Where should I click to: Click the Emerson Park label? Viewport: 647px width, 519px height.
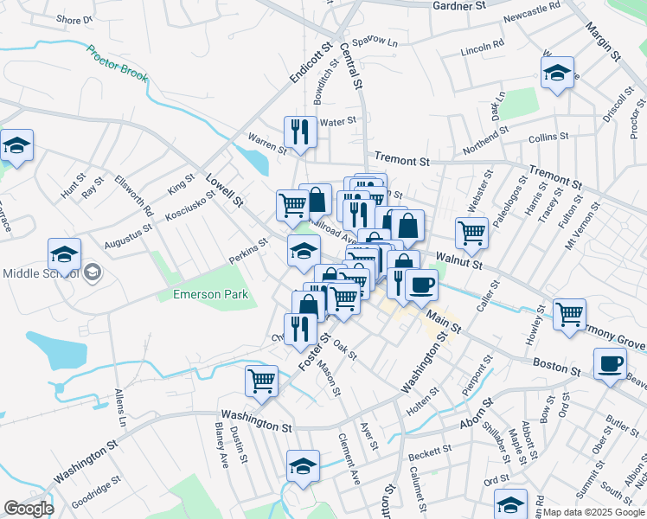pos(211,294)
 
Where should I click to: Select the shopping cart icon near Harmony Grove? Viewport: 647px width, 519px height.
pos(569,314)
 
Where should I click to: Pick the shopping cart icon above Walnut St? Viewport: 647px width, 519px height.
pos(471,231)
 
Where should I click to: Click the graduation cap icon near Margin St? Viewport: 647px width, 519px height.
pos(558,74)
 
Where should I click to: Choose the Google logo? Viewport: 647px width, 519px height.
pos(29,509)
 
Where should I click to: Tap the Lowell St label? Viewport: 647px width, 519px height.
pos(224,189)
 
